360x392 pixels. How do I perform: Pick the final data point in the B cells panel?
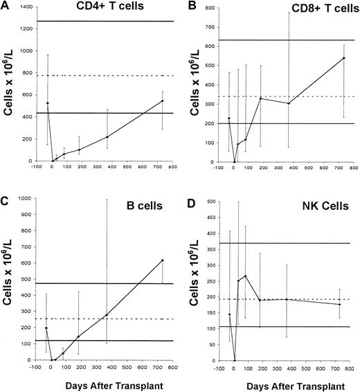point(162,260)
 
